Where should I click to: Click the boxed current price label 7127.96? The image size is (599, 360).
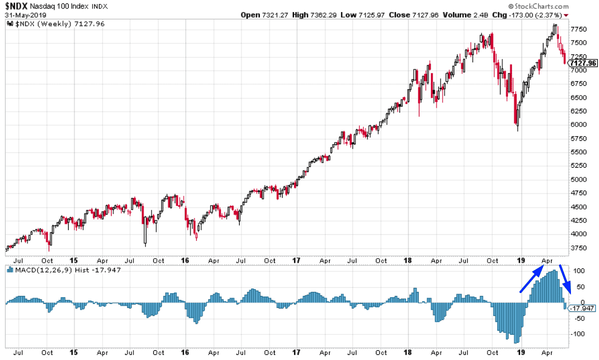tap(583, 63)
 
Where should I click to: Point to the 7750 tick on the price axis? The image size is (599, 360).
tap(579, 29)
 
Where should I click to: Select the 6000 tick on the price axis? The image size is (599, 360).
tap(579, 125)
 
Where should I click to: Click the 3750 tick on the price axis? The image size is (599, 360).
tap(579, 248)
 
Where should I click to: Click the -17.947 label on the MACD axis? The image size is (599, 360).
tap(583, 308)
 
